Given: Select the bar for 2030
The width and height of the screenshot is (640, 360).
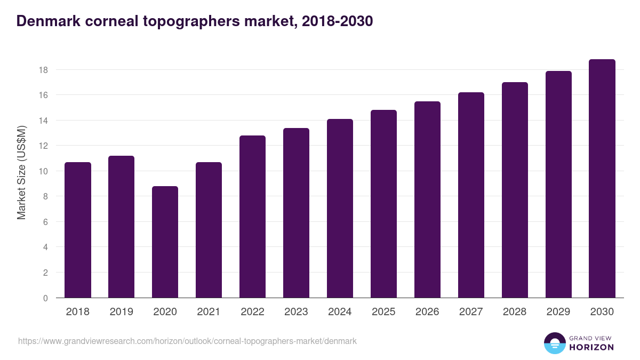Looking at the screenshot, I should tap(602, 179).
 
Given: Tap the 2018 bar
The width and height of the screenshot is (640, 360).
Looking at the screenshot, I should tap(78, 230).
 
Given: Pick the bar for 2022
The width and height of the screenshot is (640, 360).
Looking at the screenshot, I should tap(252, 217).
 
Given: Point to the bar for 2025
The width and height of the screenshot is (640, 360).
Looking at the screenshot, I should tap(383, 204).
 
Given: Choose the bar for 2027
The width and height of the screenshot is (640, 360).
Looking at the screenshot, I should tap(471, 195).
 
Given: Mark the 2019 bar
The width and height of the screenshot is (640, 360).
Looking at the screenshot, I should tap(121, 227).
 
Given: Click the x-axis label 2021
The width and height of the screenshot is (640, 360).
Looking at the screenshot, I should tap(209, 312).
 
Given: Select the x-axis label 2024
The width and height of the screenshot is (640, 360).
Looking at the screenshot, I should tap(340, 312).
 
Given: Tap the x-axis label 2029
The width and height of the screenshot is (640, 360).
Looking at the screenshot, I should tap(558, 312).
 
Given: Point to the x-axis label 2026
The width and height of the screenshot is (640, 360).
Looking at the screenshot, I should tap(427, 312).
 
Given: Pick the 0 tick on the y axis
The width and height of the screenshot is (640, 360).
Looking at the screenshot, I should tap(46, 298).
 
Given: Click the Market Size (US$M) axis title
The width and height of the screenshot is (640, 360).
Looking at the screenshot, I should tap(21, 172).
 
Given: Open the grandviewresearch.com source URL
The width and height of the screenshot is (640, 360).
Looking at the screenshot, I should tap(187, 341).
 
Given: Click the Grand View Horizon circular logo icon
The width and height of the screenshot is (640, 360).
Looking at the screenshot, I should tap(554, 343).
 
